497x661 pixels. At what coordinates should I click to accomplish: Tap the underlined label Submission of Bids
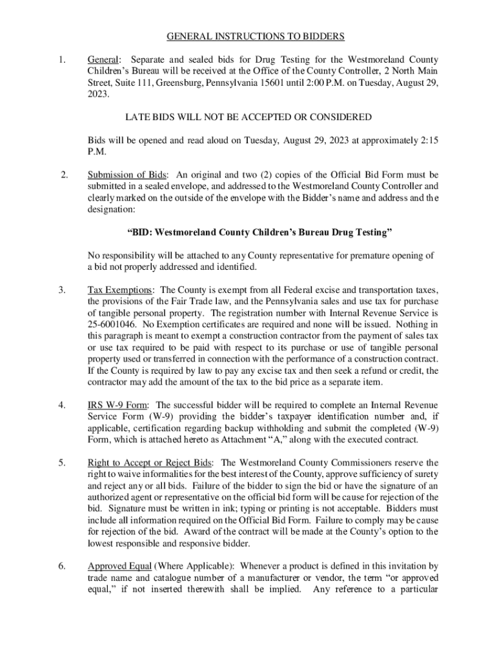[x=127, y=174]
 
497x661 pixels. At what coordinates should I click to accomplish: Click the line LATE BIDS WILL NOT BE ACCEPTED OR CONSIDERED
[x=248, y=117]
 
